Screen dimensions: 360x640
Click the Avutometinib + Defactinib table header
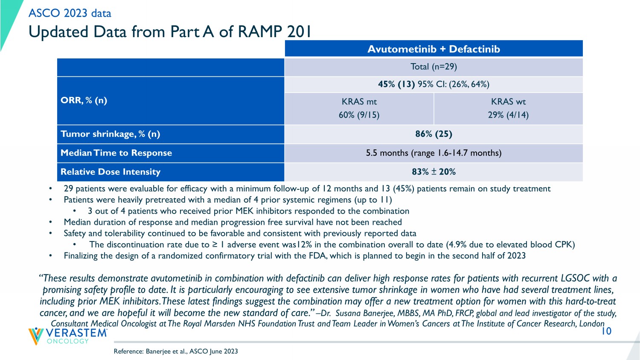433,49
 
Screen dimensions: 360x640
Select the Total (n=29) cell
433,67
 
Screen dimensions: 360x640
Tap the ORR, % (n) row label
84,101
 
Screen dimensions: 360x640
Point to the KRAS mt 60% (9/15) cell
359,108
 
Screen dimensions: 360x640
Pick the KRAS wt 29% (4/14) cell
508,108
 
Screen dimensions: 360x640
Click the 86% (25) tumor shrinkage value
433,134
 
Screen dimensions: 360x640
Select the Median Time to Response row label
116,153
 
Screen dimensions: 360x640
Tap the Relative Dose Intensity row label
111,172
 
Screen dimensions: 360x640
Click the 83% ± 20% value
433,172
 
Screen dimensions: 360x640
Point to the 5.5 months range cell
433,153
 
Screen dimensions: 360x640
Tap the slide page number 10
606,331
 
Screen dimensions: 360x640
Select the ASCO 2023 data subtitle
70,13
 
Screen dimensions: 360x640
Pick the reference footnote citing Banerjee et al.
176,351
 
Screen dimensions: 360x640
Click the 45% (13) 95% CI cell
433,84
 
